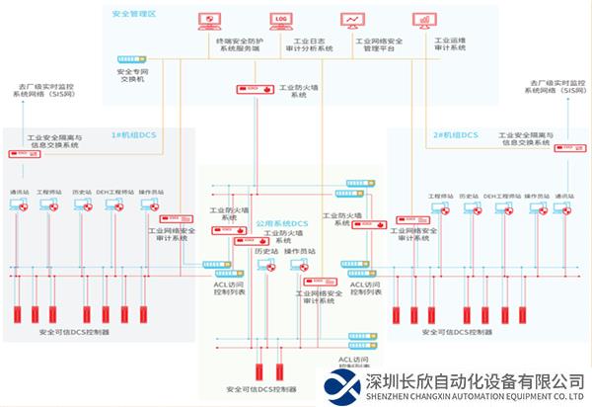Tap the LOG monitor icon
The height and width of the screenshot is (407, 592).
point(282,21)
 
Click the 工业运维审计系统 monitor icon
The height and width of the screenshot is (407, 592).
point(424,21)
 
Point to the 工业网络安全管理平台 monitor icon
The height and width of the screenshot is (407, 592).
point(352,21)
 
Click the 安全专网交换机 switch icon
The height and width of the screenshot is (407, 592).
point(131,59)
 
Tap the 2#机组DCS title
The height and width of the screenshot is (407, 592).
point(456,133)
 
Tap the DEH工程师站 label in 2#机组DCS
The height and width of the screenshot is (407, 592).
point(503,196)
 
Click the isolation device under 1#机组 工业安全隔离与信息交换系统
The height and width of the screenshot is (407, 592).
point(19,154)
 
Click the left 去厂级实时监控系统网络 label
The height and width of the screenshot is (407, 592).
point(44,93)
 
